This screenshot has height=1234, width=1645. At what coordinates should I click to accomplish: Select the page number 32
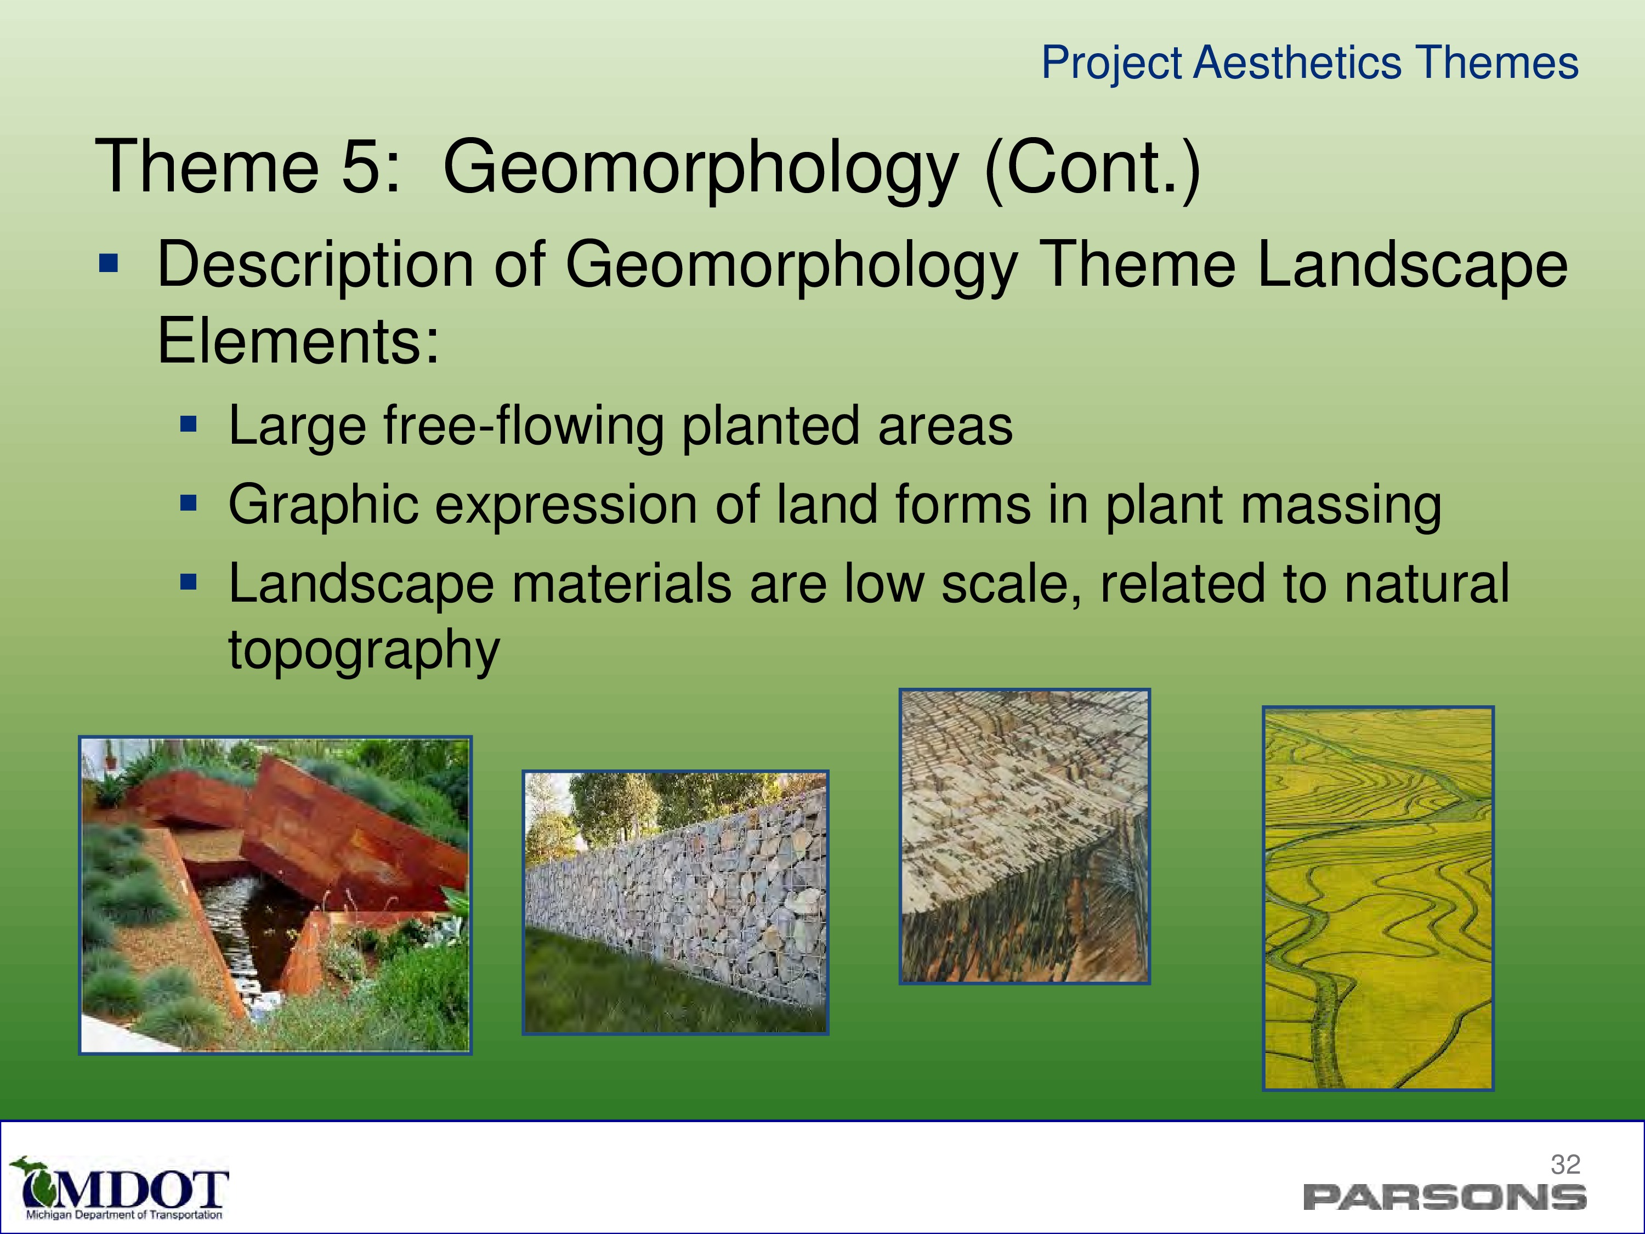point(1565,1164)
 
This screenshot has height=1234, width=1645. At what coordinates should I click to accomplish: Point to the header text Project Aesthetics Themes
point(1309,63)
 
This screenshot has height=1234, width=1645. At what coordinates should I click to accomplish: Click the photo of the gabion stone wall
point(675,902)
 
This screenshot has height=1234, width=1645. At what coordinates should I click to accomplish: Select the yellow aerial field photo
point(1378,898)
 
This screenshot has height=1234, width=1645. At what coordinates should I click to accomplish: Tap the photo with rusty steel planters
point(275,895)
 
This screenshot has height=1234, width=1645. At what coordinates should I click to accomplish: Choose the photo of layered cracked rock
point(1025,836)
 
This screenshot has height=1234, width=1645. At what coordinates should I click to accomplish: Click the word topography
point(364,650)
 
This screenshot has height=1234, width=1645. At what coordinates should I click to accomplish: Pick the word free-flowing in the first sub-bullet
point(523,426)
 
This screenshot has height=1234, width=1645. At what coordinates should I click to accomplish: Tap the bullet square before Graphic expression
point(189,505)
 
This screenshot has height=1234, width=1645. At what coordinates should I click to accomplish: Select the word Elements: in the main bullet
point(298,342)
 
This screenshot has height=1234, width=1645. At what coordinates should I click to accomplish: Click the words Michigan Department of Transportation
point(124,1215)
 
